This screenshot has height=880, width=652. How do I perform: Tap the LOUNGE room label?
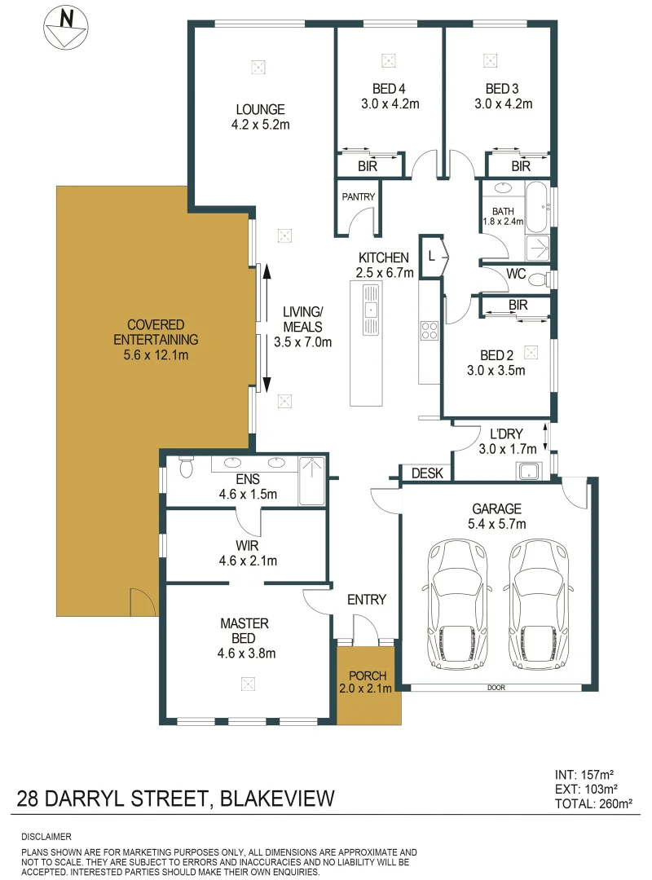[260, 109]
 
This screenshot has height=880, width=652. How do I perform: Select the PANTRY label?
[357, 196]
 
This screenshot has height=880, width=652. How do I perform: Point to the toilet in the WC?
[537, 279]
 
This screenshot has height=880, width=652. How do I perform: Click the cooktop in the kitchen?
[430, 331]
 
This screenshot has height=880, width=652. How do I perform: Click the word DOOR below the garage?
[496, 688]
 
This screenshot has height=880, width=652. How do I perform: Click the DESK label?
[425, 473]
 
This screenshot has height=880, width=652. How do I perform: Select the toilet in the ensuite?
[185, 468]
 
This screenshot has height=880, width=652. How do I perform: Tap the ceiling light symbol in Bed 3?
[490, 59]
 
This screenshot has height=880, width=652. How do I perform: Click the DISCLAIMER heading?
[47, 837]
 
